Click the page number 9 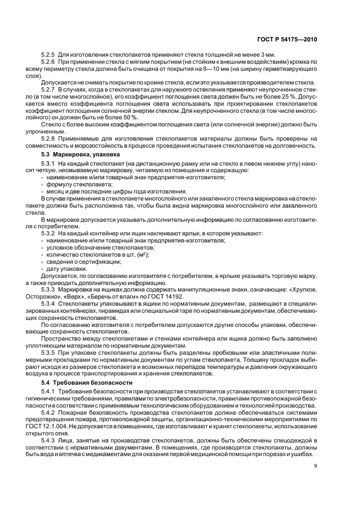pyautogui.click(x=315, y=465)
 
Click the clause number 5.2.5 pyautogui.click(x=48, y=56)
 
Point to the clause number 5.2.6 pyautogui.click(x=48, y=64)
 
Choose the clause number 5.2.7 pyautogui.click(x=48, y=88)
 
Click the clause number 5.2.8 pyautogui.click(x=48, y=138)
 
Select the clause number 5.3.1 pyautogui.click(x=48, y=163)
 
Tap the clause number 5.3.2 pyautogui.click(x=48, y=233)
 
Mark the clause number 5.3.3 pyautogui.click(x=48, y=290)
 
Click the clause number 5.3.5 pyautogui.click(x=48, y=353)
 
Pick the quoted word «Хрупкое pyautogui.click(x=303, y=290)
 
